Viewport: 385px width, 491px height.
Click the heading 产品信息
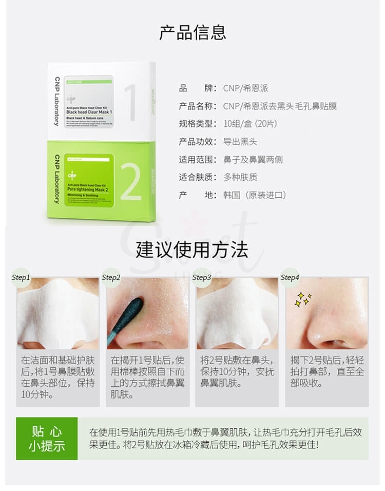pos(192,32)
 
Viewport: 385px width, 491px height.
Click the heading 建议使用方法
pos(192,250)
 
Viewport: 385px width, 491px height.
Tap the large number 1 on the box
pos(130,103)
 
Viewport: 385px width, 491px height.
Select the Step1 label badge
pos(21,278)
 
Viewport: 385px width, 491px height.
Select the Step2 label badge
pos(111,278)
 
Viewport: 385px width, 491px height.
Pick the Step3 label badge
pos(202,278)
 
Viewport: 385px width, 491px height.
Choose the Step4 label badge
pos(290,278)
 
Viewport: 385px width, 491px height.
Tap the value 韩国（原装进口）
pos(255,195)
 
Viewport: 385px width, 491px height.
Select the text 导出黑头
pos(240,142)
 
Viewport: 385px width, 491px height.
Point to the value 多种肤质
pos(240,177)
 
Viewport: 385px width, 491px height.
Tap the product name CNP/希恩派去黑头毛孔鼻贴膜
pos(280,106)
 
